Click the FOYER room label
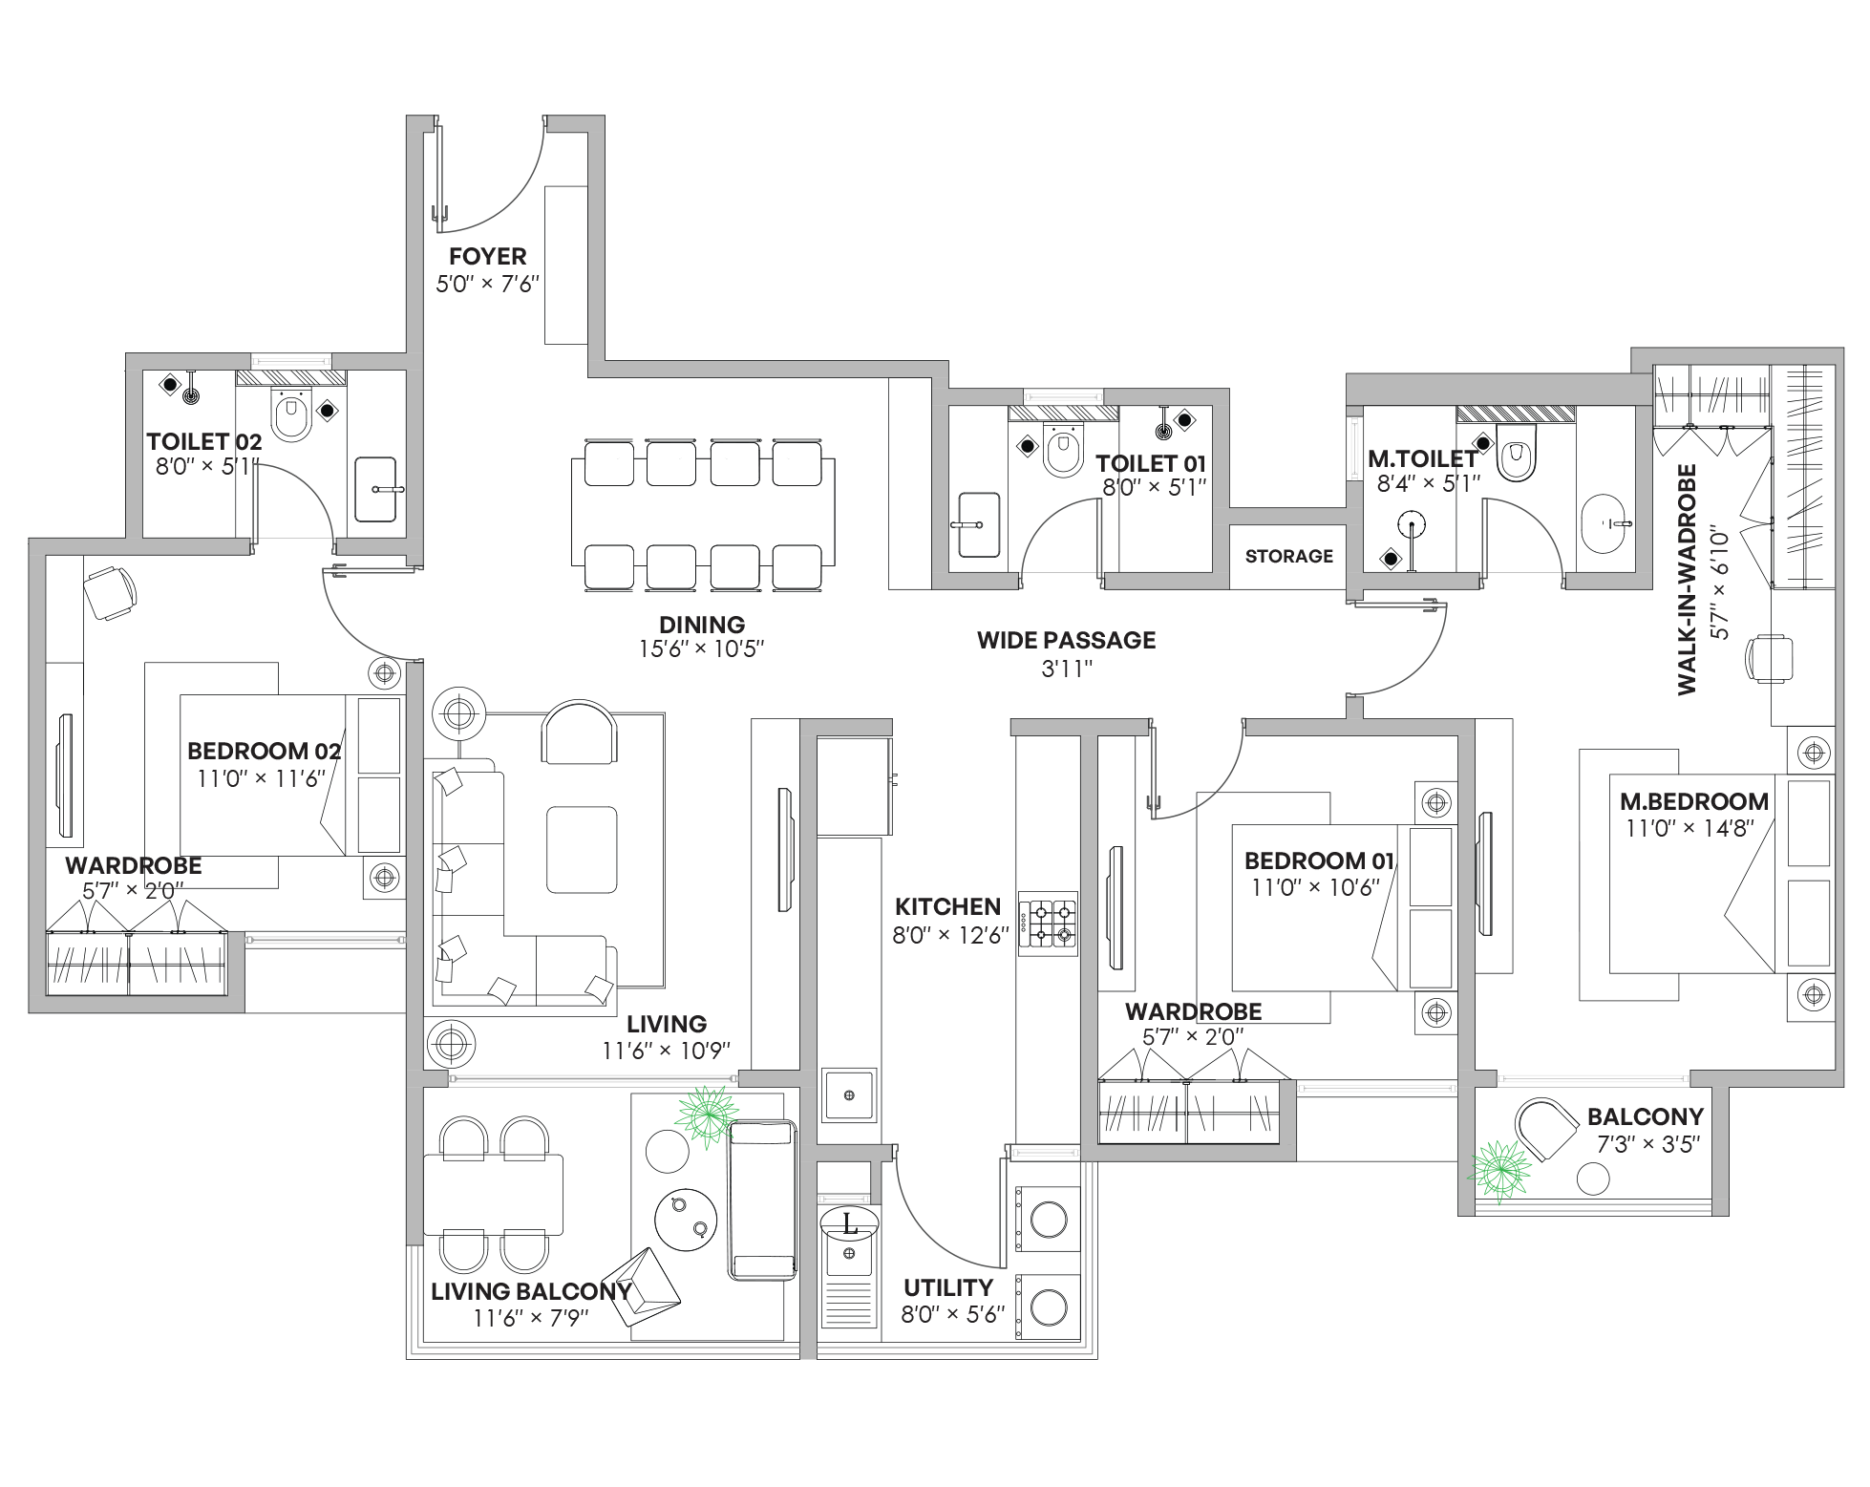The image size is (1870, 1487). point(487,257)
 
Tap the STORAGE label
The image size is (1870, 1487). point(1288,556)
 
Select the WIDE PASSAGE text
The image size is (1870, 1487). point(1066,640)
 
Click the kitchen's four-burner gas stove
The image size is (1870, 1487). point(1048,923)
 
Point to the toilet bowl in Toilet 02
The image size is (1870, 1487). point(291,414)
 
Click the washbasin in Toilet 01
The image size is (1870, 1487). point(978,524)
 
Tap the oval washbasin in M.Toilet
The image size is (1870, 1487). point(1603,523)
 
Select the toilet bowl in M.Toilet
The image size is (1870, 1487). point(1515,455)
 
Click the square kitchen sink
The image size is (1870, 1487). point(849,1094)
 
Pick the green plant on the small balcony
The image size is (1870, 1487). point(1498,1170)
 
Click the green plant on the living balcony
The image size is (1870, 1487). point(707,1115)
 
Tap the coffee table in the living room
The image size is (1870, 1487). point(582,849)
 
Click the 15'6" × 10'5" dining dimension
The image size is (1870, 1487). point(701,649)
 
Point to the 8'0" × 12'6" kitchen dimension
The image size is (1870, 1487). point(950,935)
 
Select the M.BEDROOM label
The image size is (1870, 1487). point(1693,801)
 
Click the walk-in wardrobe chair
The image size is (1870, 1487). point(1769,658)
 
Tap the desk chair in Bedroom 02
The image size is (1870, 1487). point(110,593)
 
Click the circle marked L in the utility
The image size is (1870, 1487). point(849,1223)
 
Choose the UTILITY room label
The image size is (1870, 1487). point(947,1287)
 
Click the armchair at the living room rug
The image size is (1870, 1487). point(579,733)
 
